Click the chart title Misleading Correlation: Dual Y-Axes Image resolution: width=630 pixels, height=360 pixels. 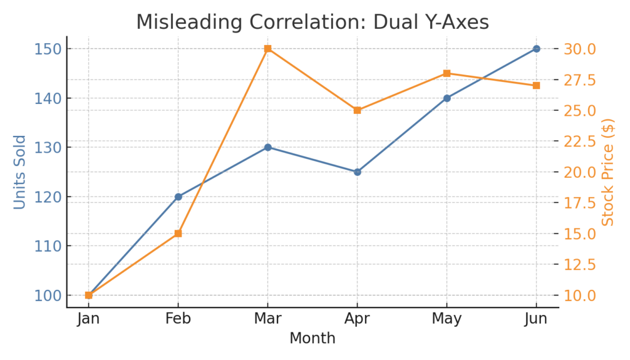pyautogui.click(x=312, y=22)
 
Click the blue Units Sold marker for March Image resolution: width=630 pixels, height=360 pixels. pyautogui.click(x=268, y=147)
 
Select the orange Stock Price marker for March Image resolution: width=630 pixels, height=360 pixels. pyautogui.click(x=268, y=49)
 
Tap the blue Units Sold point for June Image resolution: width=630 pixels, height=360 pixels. pyautogui.click(x=536, y=49)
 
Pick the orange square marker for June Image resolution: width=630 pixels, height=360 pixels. pyautogui.click(x=536, y=86)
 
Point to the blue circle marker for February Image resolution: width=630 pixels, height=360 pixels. pyautogui.click(x=178, y=197)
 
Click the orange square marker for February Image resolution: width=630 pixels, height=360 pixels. pyautogui.click(x=178, y=234)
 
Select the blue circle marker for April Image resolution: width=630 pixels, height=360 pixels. pyautogui.click(x=357, y=172)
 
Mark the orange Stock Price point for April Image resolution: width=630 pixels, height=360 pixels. pyautogui.click(x=357, y=110)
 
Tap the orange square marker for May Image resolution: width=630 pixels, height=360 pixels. pyautogui.click(x=447, y=73)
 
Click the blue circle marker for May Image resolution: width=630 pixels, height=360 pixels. pyautogui.click(x=447, y=98)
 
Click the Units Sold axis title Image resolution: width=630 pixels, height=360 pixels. pyautogui.click(x=20, y=172)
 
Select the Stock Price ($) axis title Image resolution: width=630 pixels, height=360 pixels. pyautogui.click(x=608, y=172)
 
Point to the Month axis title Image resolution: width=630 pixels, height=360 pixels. pyautogui.click(x=312, y=338)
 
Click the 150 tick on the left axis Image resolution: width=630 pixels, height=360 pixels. pyautogui.click(x=47, y=49)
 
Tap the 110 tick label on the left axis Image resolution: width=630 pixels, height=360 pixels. pyautogui.click(x=47, y=246)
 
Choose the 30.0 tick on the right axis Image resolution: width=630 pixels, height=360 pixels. pyautogui.click(x=580, y=49)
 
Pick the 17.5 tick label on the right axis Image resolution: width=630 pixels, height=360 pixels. pyautogui.click(x=580, y=203)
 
